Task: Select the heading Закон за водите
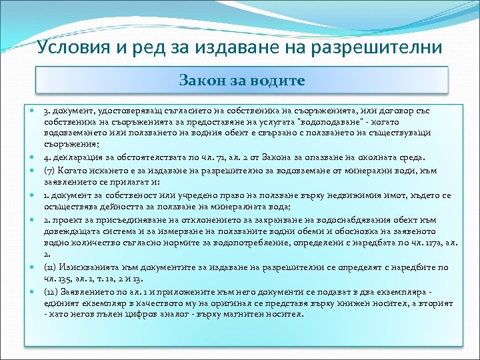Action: tap(242, 81)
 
